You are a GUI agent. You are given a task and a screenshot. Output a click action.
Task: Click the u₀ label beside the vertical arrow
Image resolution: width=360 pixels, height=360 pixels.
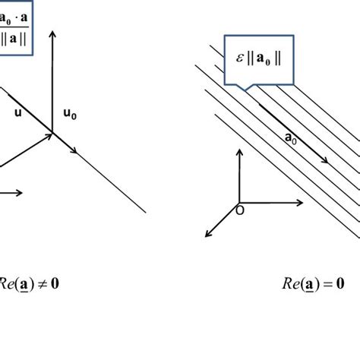[x=70, y=114]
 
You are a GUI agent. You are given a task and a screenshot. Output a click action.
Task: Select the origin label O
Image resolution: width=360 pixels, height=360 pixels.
[x=240, y=210]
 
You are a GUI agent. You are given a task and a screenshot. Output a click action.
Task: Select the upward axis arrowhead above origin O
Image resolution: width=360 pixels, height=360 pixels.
[x=238, y=153]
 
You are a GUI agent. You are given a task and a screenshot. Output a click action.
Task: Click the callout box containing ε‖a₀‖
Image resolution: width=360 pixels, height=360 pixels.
[x=257, y=54]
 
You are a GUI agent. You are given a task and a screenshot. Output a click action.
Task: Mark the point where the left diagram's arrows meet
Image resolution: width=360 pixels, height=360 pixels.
[x=52, y=134]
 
